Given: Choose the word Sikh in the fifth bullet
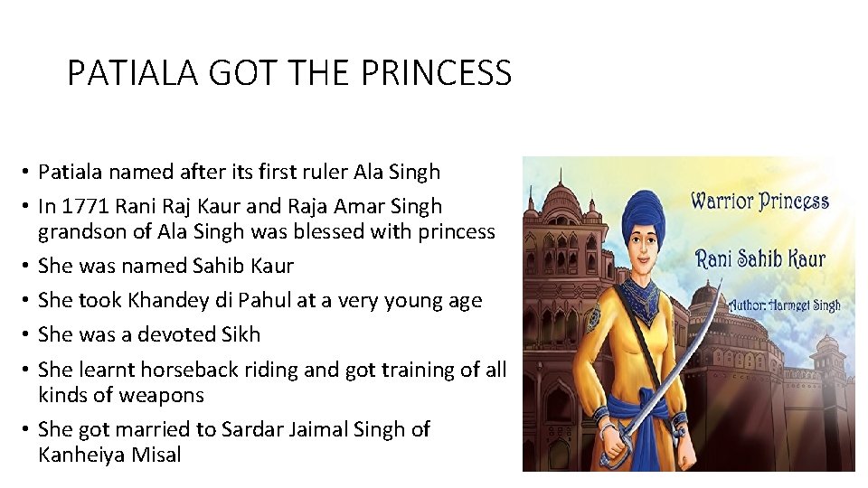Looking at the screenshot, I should point(241,334).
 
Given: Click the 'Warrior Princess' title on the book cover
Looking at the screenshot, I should point(759,201).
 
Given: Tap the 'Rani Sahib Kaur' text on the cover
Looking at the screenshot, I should point(759,258).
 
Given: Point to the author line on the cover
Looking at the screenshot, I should point(784,305).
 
